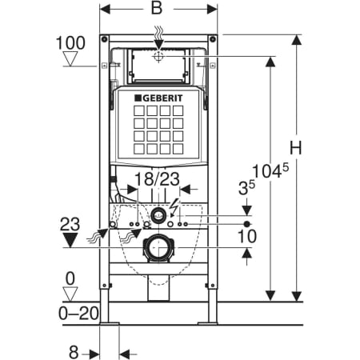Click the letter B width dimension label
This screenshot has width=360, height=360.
click(157, 8)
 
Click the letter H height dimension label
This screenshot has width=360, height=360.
click(296, 147)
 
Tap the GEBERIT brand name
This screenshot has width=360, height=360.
click(159, 98)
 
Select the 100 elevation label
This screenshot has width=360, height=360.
click(70, 43)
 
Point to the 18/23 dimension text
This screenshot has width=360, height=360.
click(157, 179)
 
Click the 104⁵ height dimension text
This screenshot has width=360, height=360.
click(270, 170)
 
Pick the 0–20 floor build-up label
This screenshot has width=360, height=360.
click(78, 313)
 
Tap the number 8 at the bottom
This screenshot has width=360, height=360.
click(74, 352)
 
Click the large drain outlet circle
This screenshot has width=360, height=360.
click(158, 248)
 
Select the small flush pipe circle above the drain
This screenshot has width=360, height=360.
click(158, 214)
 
